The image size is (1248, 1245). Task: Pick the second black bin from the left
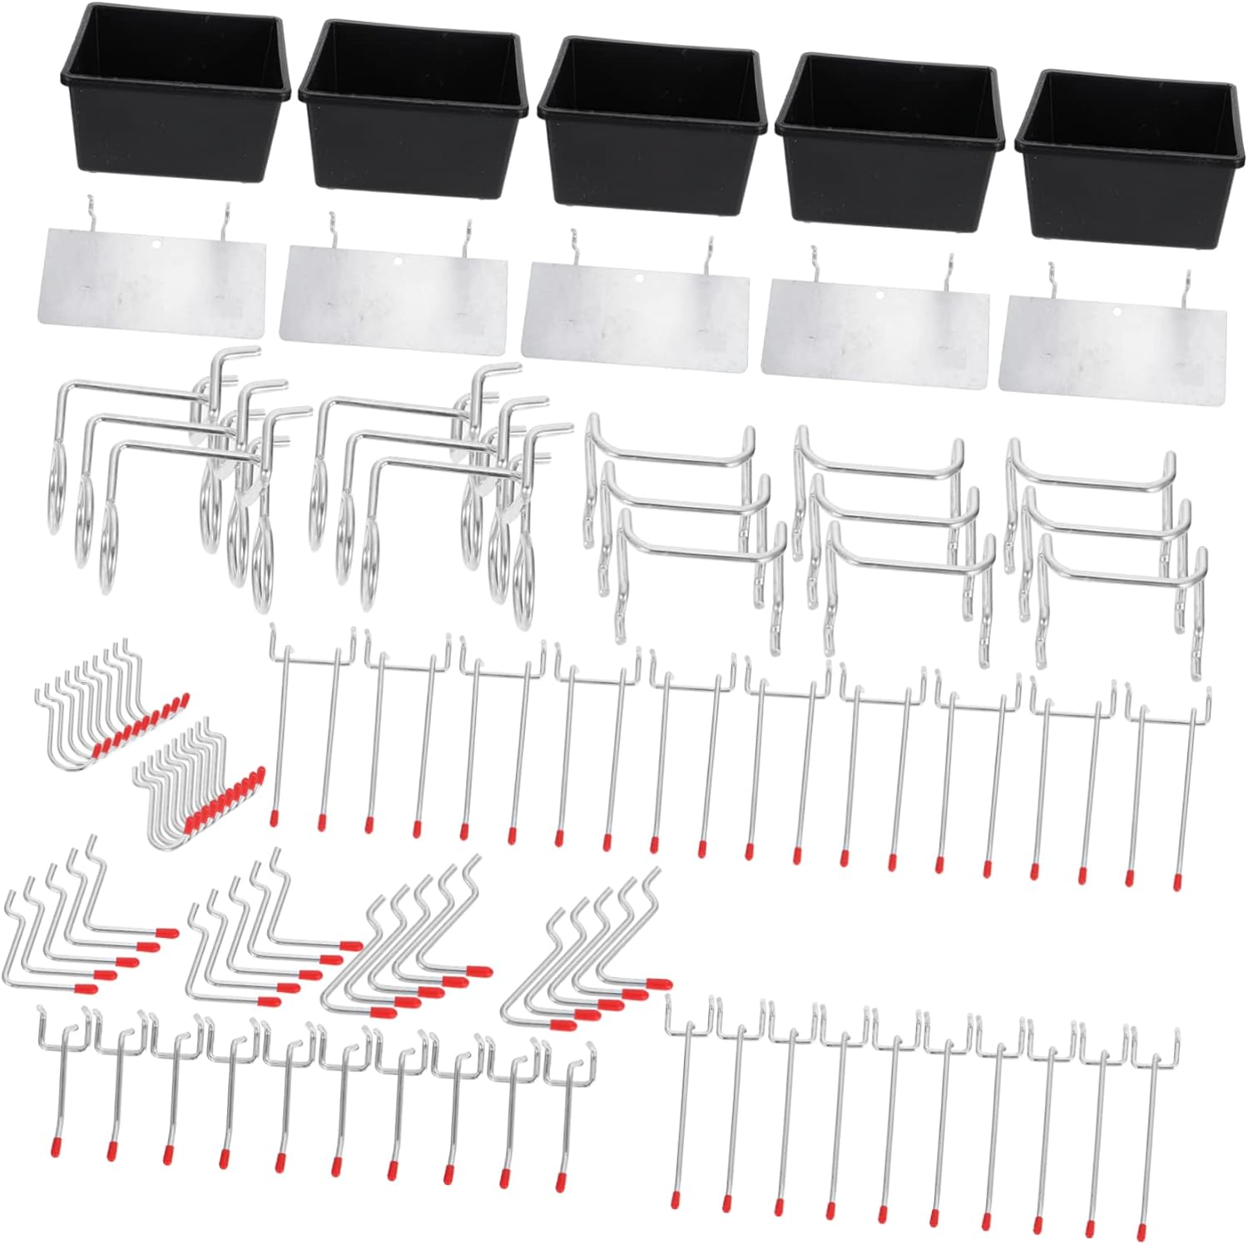(x=414, y=112)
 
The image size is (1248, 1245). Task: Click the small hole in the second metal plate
(x=398, y=260)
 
